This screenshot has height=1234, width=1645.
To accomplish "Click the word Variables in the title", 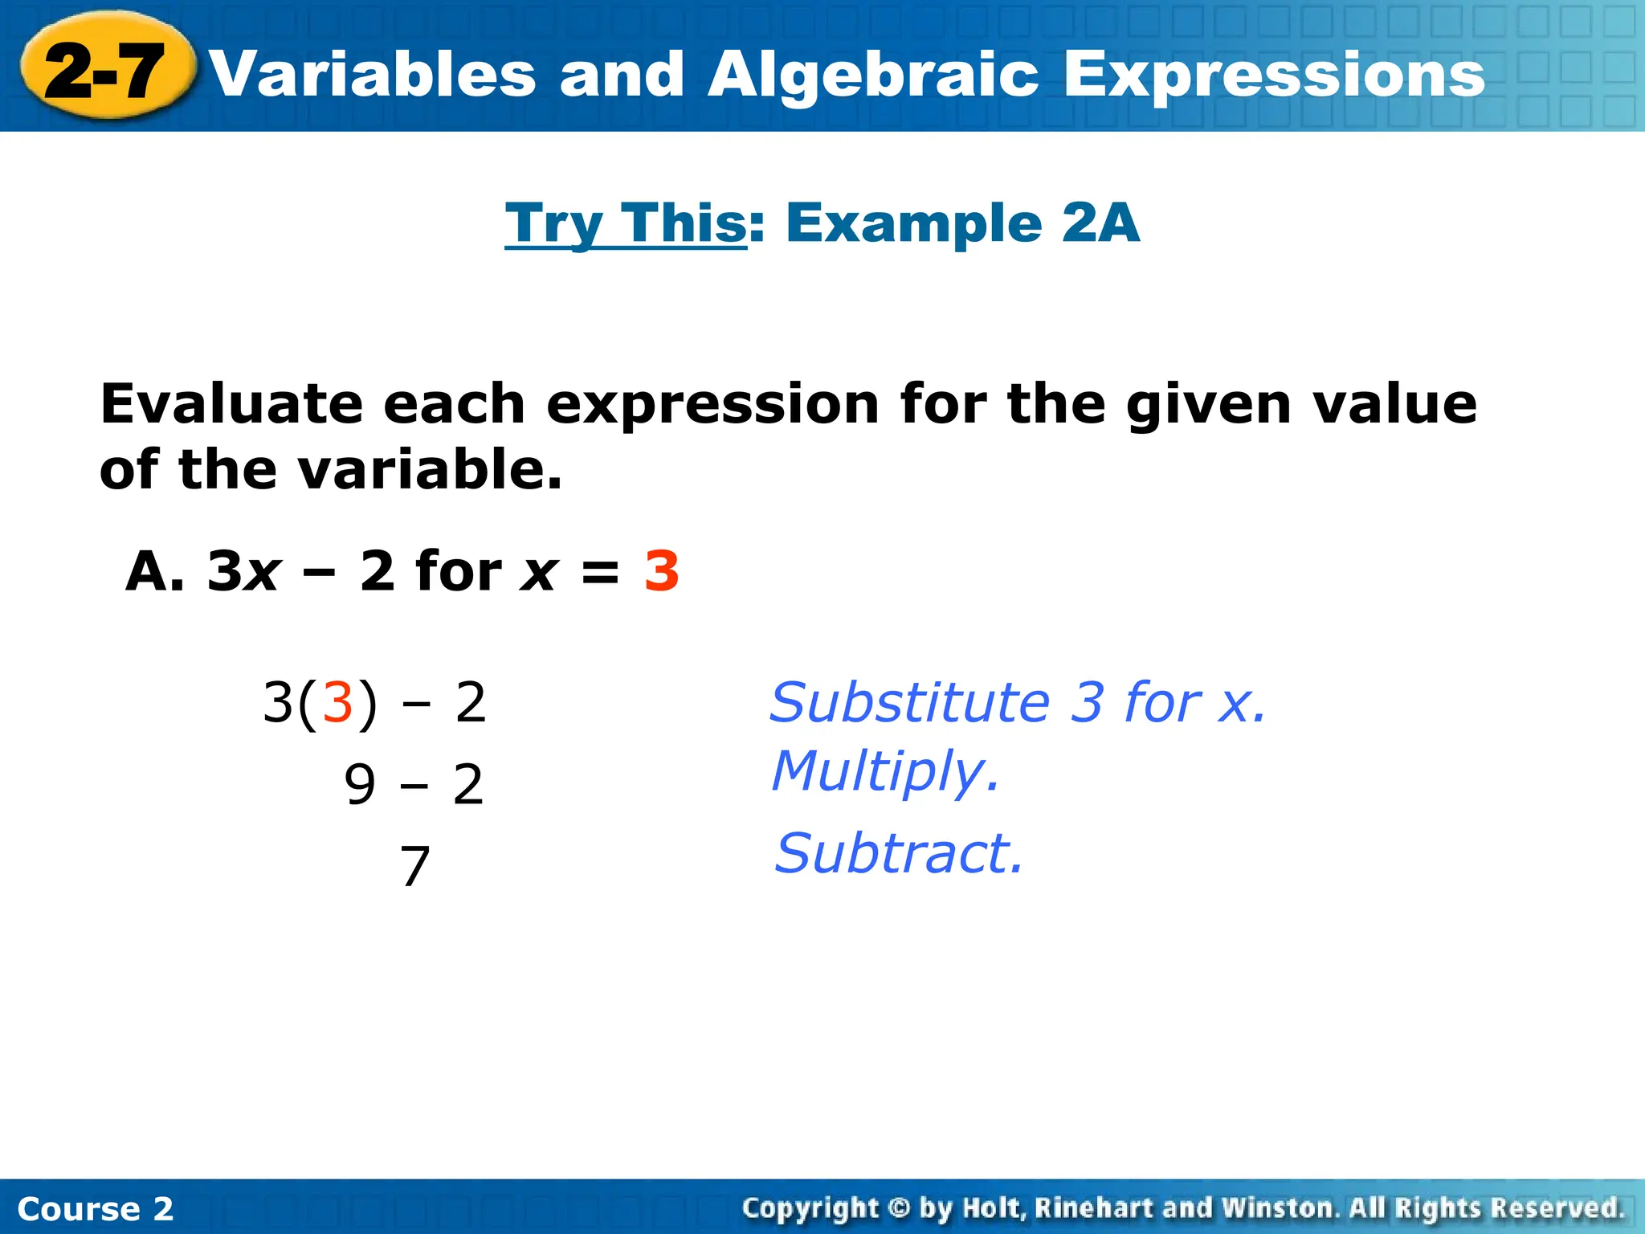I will coord(373,75).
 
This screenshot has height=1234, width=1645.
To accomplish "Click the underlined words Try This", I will coord(626,223).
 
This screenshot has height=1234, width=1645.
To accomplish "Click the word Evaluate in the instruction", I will coord(231,403).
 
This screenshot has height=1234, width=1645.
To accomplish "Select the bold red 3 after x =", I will coord(661,572).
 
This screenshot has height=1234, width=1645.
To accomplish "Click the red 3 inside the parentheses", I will coord(337,702).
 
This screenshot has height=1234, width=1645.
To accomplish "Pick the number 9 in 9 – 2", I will coord(359,785).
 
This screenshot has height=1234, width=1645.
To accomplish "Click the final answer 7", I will coord(414,867).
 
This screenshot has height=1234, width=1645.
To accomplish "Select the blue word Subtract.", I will coord(898,853).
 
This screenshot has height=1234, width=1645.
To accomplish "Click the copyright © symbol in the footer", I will coord(899,1207).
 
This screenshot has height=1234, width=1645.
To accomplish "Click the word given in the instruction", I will coord(1208,403).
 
